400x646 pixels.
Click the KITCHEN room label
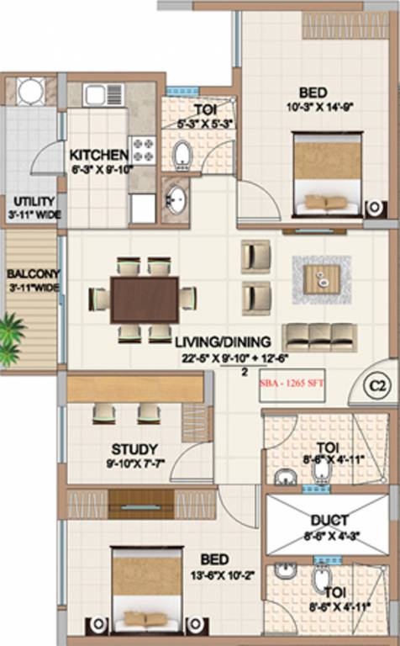98,155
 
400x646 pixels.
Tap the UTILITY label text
33,201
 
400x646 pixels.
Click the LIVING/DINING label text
223,342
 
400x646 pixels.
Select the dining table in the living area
144,299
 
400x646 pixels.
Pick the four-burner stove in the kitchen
142,150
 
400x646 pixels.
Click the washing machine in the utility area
31,91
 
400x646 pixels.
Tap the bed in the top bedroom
327,174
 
